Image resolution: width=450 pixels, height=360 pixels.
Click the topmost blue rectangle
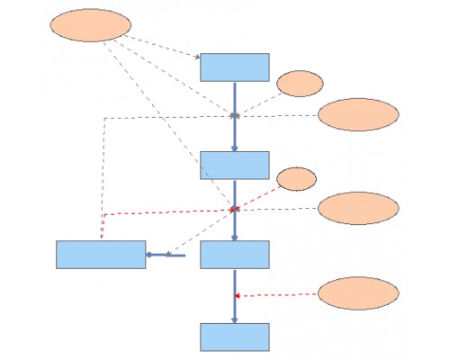(234, 67)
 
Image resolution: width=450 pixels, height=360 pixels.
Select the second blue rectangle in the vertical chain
(234, 166)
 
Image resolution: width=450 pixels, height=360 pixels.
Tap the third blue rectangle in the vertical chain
(234, 255)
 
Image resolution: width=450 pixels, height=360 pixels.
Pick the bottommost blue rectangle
(234, 337)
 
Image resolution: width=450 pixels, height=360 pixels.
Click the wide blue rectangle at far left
(101, 255)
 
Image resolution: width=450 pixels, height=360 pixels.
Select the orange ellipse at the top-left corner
(89, 25)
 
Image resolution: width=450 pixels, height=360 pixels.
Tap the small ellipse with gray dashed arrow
(300, 83)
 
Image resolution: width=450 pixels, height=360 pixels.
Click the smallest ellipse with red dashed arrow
(296, 178)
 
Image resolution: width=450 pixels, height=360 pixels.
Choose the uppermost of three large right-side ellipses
(358, 114)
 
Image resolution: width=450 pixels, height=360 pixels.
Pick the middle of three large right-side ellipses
(358, 208)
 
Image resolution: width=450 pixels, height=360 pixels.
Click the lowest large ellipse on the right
(358, 293)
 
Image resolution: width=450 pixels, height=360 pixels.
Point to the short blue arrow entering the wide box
(166, 255)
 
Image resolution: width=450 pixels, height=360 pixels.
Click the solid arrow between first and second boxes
(235, 117)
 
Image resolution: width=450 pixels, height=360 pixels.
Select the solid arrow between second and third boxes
(235, 210)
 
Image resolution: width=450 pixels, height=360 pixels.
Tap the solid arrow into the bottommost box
(235, 297)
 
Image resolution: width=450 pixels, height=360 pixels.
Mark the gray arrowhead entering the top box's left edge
(197, 58)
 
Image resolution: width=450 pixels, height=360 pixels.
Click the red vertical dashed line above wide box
(102, 227)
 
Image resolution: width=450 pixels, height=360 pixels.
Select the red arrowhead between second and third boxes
(235, 209)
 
